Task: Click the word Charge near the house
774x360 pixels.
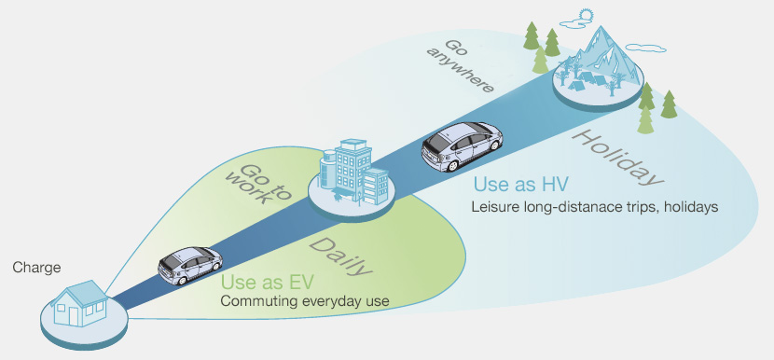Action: (36, 268)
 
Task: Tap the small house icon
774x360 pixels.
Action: (80, 303)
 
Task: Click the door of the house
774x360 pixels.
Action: (74, 315)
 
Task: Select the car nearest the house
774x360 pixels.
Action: (189, 265)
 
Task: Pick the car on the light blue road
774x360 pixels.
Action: (461, 145)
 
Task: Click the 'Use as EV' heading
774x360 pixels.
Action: (267, 283)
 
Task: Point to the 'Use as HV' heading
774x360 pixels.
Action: (520, 185)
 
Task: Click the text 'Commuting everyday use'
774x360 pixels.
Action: (305, 300)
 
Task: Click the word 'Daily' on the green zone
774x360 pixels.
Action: (341, 256)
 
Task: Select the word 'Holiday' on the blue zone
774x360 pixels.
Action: (616, 157)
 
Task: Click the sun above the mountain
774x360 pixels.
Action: (585, 15)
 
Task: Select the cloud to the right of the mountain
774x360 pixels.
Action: (645, 48)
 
